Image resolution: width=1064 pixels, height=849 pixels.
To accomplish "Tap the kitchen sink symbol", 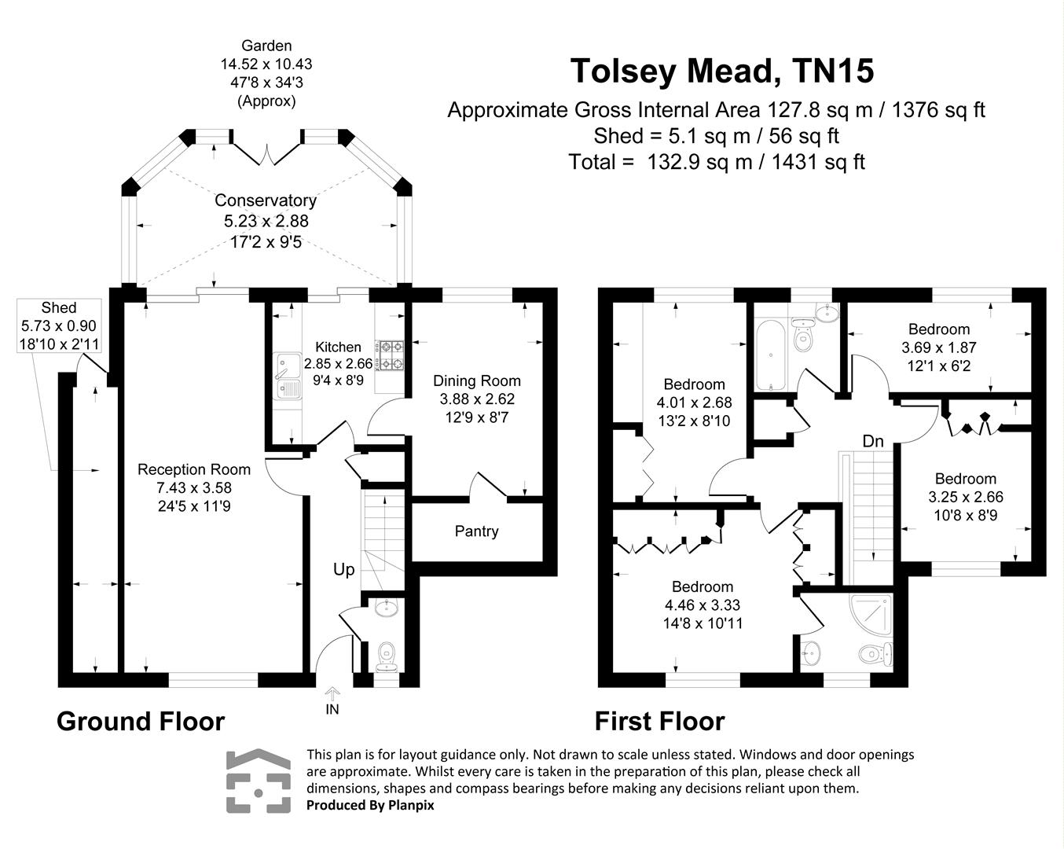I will (x=287, y=376).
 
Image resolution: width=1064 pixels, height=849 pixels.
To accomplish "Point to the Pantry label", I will (x=476, y=531).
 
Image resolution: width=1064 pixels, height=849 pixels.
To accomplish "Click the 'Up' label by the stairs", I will (x=344, y=570).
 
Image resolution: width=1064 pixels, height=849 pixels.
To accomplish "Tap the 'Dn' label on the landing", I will (x=873, y=441).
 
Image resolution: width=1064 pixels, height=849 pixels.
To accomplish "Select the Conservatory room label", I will (x=266, y=200).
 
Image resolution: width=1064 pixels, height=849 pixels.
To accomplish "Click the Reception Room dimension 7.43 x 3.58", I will (x=194, y=488).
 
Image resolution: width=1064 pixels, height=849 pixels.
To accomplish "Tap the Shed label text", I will (x=59, y=307).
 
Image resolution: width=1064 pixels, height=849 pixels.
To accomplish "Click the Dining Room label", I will (x=477, y=380).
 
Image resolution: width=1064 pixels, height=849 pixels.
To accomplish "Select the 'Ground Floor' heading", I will (x=141, y=721).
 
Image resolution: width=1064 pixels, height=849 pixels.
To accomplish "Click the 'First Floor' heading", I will (x=659, y=721).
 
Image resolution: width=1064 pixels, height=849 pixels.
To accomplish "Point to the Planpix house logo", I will (x=258, y=781).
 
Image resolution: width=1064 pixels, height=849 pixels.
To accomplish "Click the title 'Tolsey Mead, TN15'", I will (x=721, y=71).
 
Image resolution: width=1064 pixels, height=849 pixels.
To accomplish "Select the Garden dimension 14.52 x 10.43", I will (x=266, y=64).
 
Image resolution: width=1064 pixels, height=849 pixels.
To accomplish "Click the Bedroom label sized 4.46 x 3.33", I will (x=702, y=587).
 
